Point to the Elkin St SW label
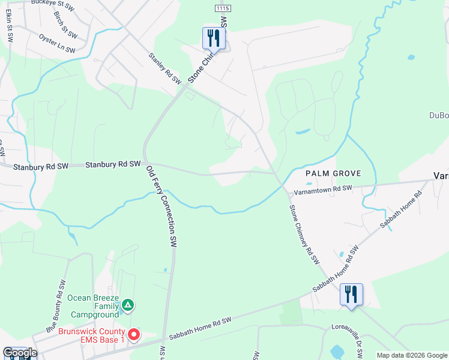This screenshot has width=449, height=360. [x=10, y=26]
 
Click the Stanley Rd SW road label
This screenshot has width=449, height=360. [x=164, y=68]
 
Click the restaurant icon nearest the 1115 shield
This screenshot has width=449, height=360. [x=214, y=38]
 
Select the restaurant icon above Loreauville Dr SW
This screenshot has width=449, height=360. [x=351, y=294]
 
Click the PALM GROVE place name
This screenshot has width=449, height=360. [x=333, y=173]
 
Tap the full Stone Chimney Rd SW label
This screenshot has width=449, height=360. [x=304, y=235]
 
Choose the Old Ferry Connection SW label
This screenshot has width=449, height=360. [x=163, y=206]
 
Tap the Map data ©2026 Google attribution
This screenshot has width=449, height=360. [x=411, y=355]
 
